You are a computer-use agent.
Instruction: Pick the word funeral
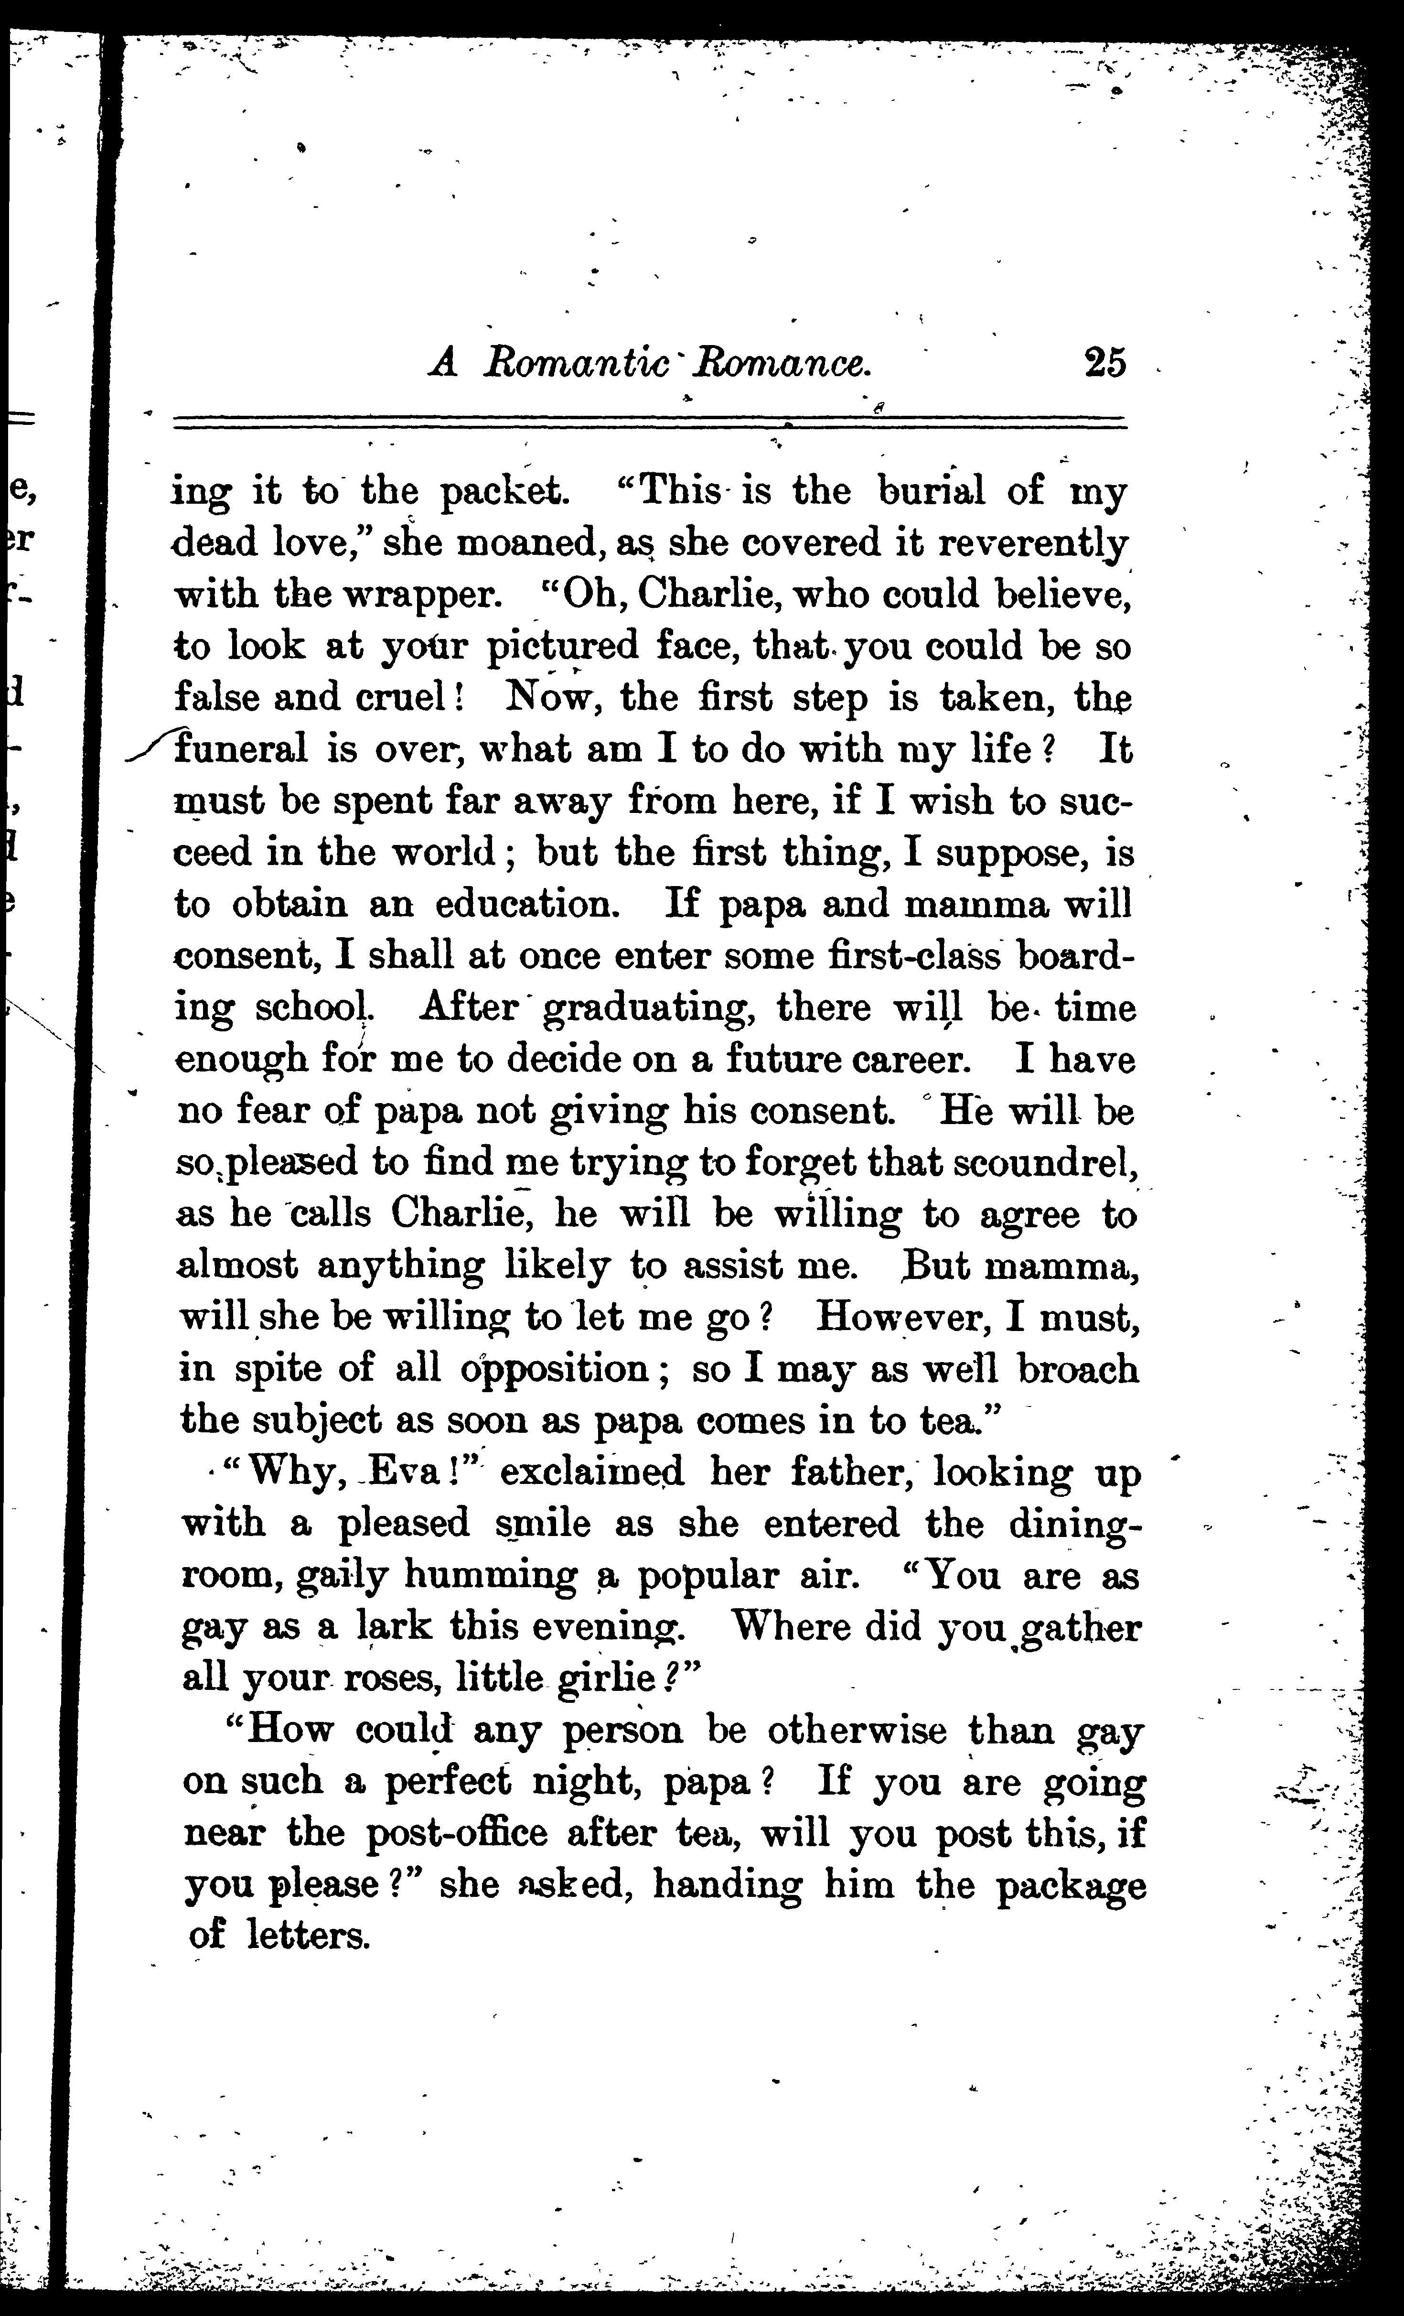[x=243, y=749]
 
